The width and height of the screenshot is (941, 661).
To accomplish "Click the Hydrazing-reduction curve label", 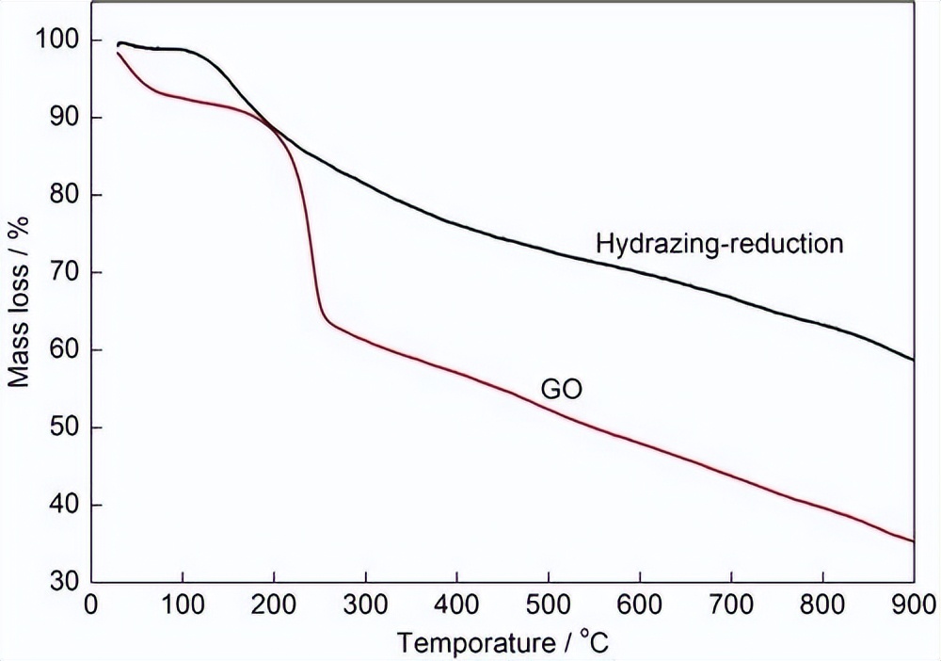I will [x=719, y=244].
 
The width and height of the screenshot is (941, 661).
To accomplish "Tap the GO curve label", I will [x=561, y=388].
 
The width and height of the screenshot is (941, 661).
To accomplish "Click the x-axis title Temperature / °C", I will [x=504, y=643].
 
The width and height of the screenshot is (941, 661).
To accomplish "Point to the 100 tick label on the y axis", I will [x=55, y=40].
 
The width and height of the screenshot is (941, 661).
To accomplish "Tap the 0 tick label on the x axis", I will [x=91, y=604].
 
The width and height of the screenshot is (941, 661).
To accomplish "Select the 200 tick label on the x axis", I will [x=274, y=604].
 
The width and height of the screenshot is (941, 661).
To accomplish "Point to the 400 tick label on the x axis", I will [x=457, y=604].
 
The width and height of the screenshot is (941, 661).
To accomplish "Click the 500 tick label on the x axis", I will [x=549, y=604].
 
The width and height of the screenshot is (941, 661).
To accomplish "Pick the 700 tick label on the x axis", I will [x=731, y=604].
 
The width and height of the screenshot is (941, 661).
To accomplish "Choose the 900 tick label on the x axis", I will [x=913, y=604].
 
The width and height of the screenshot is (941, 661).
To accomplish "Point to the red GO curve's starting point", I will [x=118, y=53].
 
